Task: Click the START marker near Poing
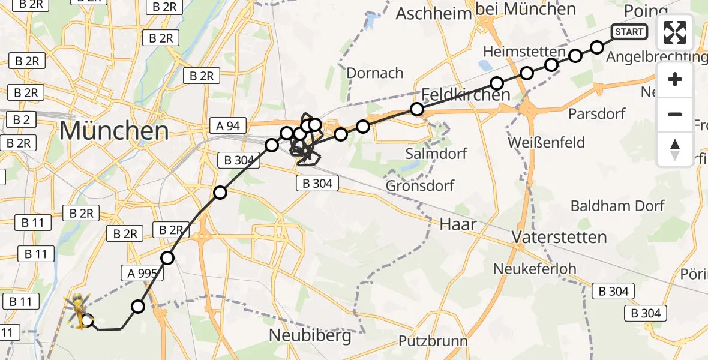tap(629, 32)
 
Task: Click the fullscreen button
tap(675, 32)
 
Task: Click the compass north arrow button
tap(675, 149)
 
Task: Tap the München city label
tap(113, 130)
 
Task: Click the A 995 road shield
tap(142, 274)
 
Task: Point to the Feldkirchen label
tap(466, 94)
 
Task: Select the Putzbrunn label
tap(433, 341)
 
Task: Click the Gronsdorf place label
tap(420, 185)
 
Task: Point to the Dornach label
tap(375, 73)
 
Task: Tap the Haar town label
tap(458, 225)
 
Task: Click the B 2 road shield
tap(20, 119)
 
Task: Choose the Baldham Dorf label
tap(617, 206)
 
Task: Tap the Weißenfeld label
tap(546, 143)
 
